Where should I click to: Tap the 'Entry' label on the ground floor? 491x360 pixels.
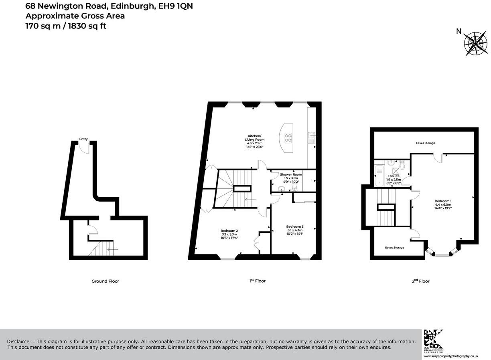(x=83, y=139)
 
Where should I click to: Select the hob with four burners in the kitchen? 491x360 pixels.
(x=288, y=138)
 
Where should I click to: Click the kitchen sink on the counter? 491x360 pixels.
(x=311, y=138)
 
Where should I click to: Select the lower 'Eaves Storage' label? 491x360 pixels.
(x=394, y=248)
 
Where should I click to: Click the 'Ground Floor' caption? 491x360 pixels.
(x=105, y=281)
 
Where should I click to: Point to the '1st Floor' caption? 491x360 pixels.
(x=257, y=281)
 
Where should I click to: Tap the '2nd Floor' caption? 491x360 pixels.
(x=420, y=281)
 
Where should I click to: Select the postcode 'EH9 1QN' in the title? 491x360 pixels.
(x=176, y=6)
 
